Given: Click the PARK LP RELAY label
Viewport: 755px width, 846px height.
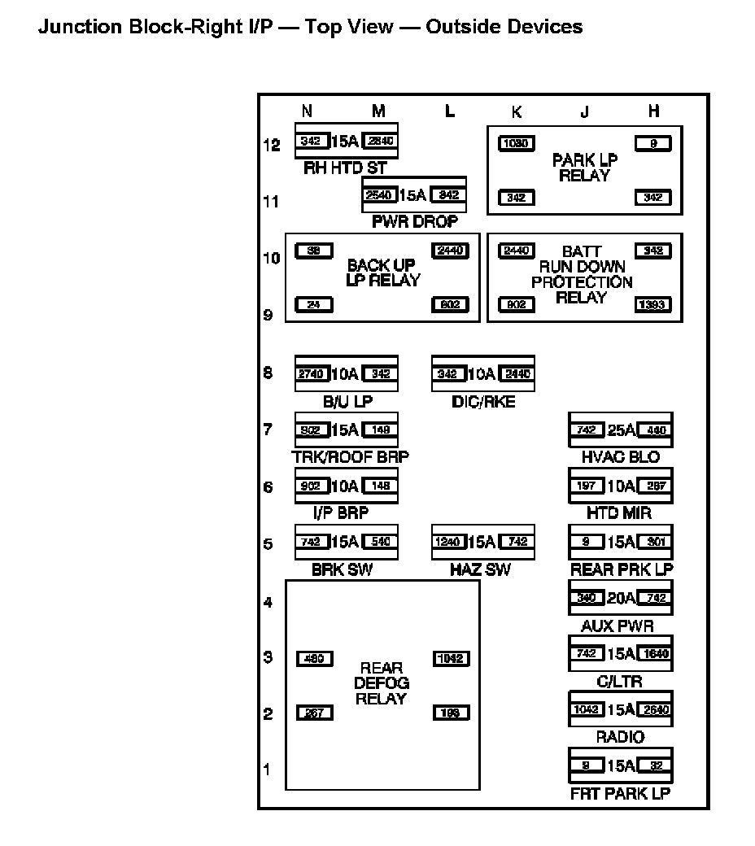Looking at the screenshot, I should pos(584,168).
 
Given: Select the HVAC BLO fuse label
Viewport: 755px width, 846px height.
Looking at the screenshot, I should pos(621,457).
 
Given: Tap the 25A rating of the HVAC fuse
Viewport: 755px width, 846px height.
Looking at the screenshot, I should pos(621,430).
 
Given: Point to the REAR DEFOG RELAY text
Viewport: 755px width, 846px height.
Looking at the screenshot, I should pos(381,683).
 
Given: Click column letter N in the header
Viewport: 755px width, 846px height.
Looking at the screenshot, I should pos(307,112).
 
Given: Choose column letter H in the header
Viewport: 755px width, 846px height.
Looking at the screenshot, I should pos(653,112).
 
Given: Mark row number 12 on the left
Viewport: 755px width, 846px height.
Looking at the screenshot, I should pos(272,145).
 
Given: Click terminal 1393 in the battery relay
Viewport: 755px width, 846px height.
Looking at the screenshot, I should pos(652,305).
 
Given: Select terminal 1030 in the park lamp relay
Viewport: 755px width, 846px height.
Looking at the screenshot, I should pos(517,144).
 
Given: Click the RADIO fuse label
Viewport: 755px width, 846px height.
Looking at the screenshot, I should pos(621,737).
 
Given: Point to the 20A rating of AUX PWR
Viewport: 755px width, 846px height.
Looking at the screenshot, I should pos(621,598).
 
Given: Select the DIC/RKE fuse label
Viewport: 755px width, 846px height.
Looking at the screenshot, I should pos(482,402).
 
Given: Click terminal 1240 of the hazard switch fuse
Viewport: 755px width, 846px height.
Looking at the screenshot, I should pos(449,542).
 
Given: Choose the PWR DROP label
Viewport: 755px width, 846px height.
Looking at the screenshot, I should pos(415,221).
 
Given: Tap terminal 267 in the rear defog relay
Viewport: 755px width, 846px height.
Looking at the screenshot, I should pos(314,713).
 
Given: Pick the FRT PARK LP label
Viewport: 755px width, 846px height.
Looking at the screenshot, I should pos(621,793).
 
